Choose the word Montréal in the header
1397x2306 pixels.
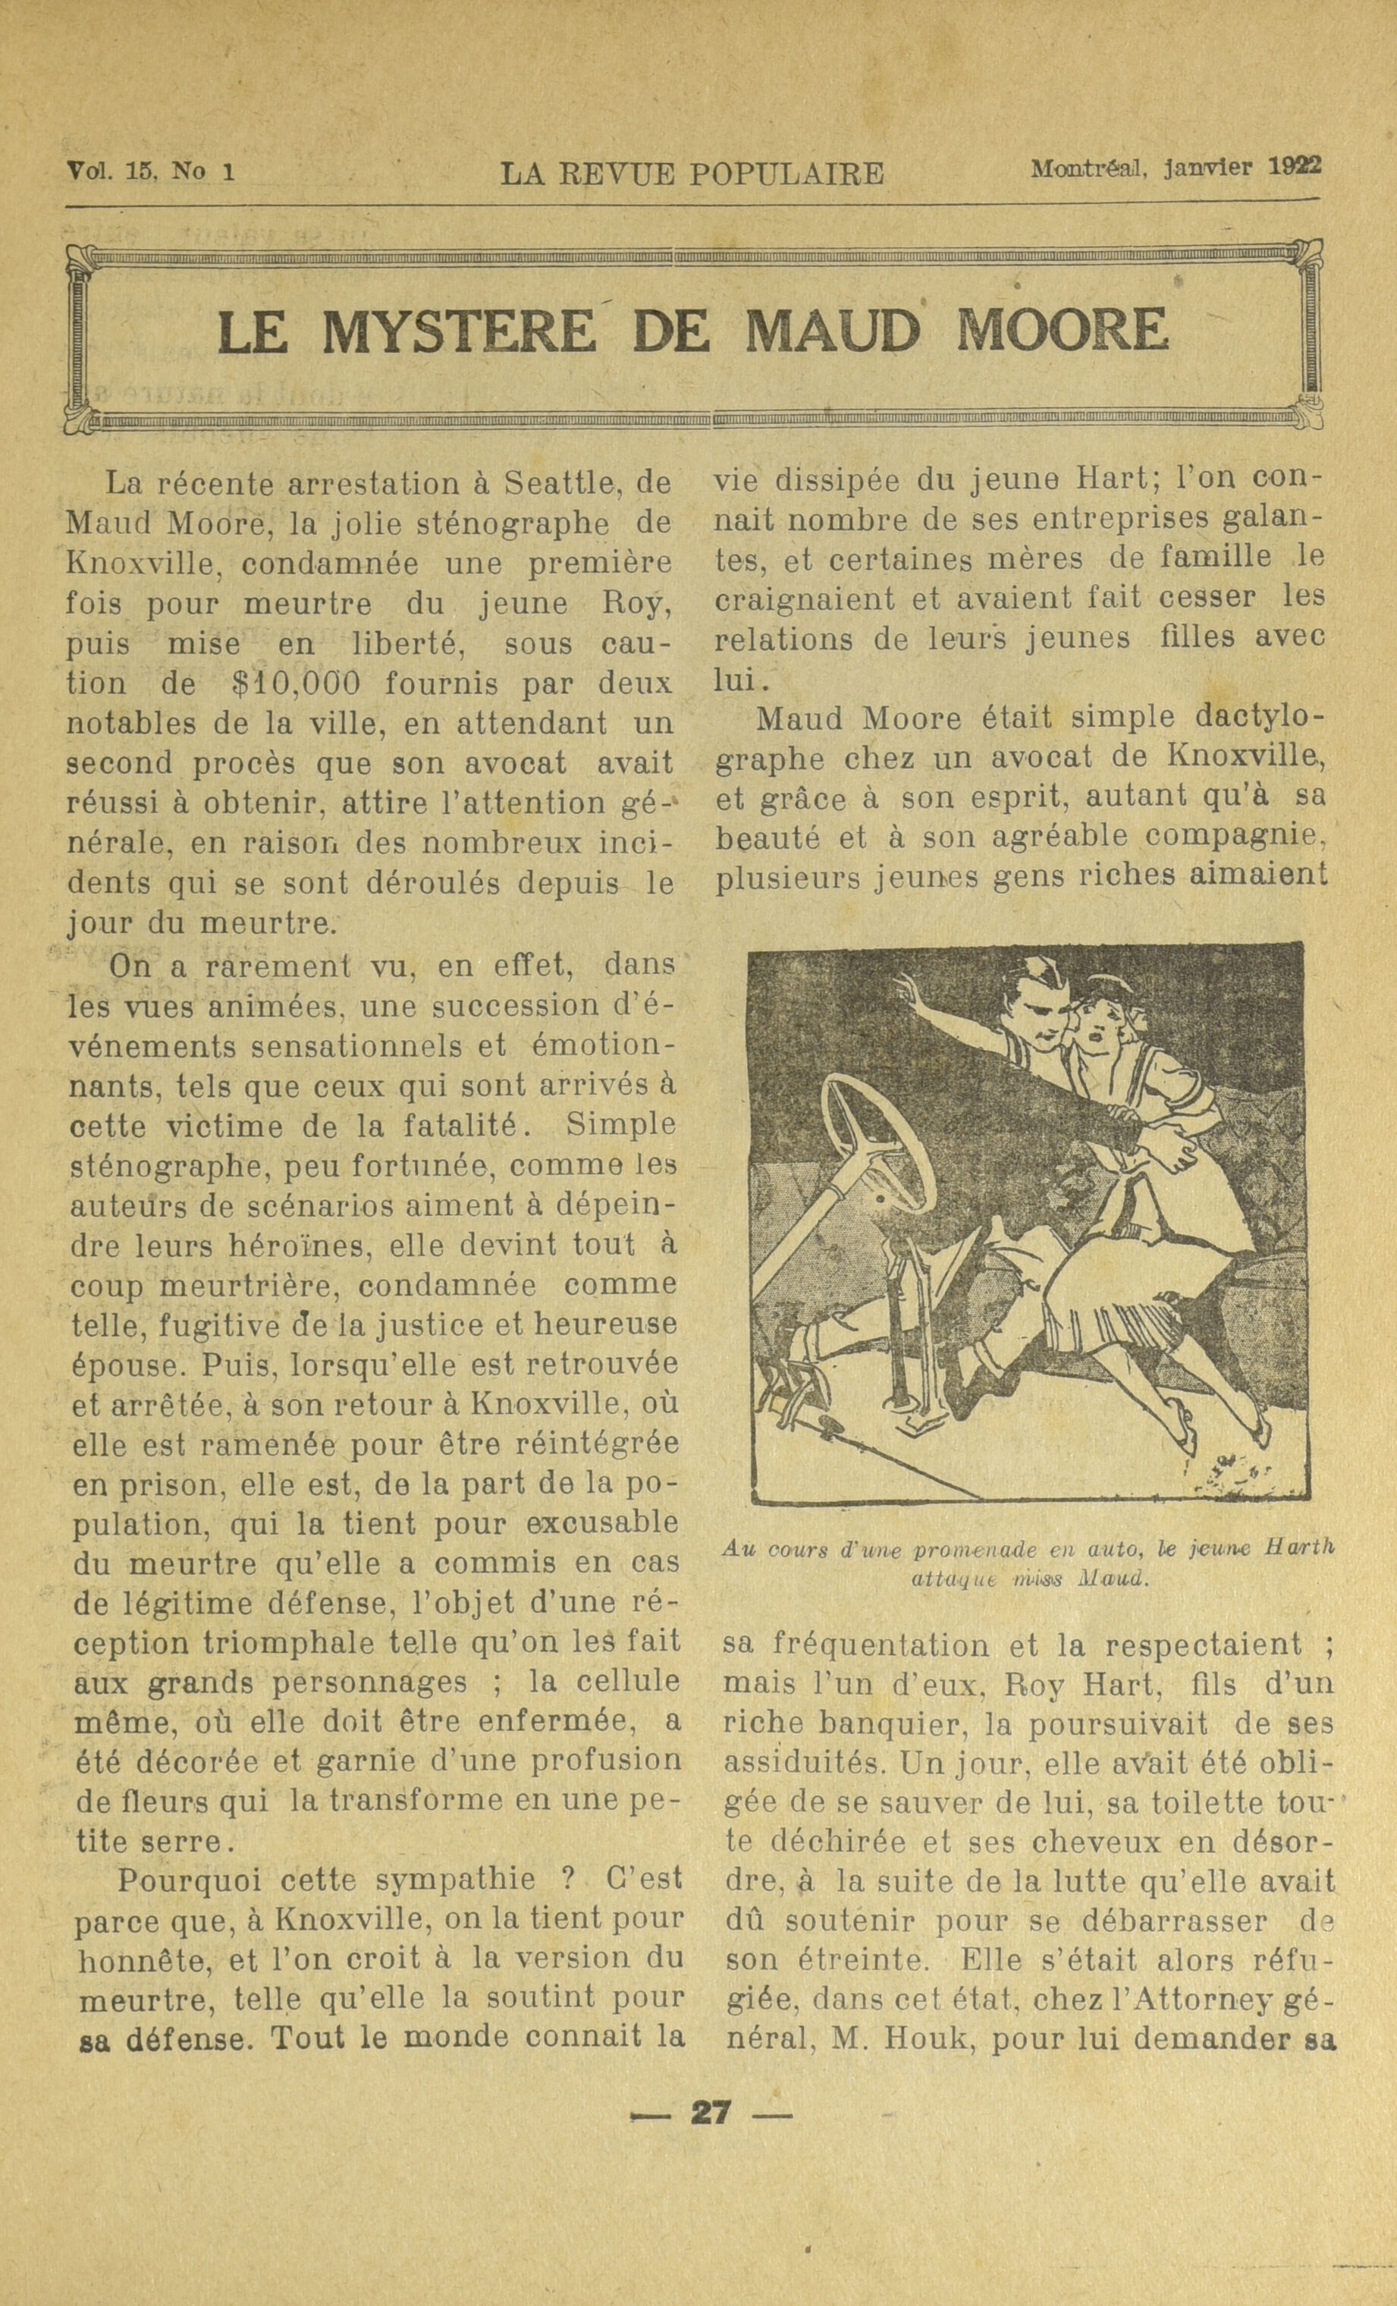(x=1088, y=168)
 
